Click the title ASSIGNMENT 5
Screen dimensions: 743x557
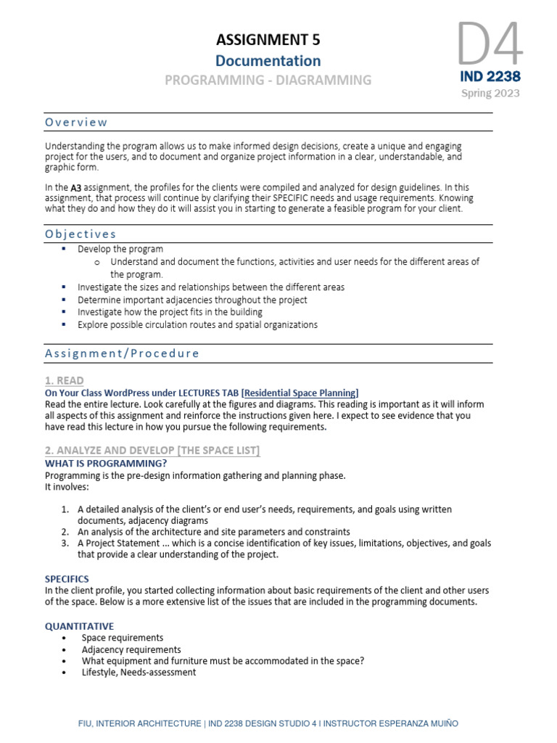pyautogui.click(x=268, y=39)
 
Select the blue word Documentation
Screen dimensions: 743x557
pyautogui.click(x=268, y=61)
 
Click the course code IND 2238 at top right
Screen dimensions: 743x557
pyautogui.click(x=490, y=76)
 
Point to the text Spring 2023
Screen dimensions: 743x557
pyautogui.click(x=490, y=93)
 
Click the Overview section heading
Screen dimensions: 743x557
pyautogui.click(x=76, y=122)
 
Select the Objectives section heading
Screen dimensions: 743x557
pyautogui.click(x=81, y=234)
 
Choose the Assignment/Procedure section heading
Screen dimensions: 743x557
pyautogui.click(x=122, y=353)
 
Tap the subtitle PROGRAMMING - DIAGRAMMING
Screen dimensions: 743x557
pyautogui.click(x=268, y=81)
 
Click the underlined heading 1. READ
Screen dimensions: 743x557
pyautogui.click(x=64, y=380)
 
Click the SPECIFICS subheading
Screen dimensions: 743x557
pyautogui.click(x=67, y=579)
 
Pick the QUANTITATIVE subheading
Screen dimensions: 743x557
pyautogui.click(x=79, y=625)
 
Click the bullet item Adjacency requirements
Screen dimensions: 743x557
pyautogui.click(x=131, y=649)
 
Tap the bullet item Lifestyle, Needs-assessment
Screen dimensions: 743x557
pyautogui.click(x=139, y=673)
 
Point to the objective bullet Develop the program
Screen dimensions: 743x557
pyautogui.click(x=120, y=249)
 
